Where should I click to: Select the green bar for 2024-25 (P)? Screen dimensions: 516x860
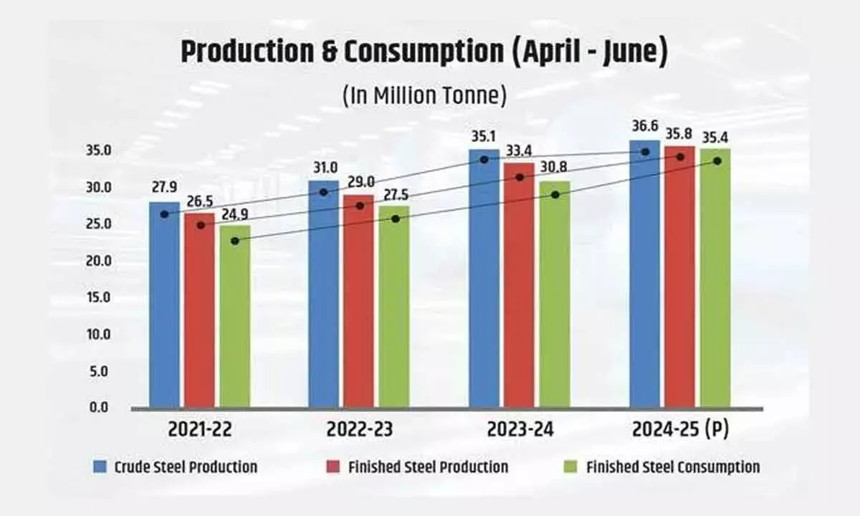pos(715,279)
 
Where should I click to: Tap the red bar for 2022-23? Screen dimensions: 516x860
pos(358,301)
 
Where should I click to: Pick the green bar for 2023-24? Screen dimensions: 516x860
pos(555,294)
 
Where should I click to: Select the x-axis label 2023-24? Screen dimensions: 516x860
pos(520,430)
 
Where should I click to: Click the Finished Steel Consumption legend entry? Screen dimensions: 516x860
pos(672,467)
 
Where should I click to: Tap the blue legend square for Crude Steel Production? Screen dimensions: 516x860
pos(100,467)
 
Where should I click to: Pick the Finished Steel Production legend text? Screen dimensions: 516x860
pos(428,467)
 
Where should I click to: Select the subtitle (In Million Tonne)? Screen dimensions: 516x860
pos(424,95)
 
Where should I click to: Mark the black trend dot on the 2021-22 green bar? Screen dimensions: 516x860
pos(235,241)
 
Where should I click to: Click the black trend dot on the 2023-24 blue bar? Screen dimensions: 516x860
pos(484,159)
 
